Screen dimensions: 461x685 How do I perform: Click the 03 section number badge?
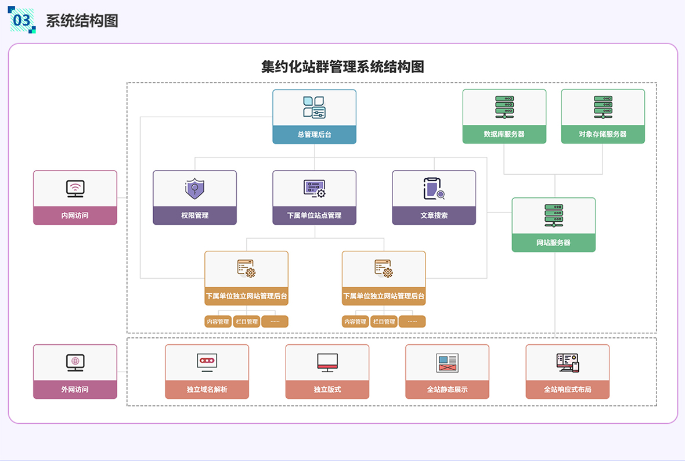pyautogui.click(x=21, y=19)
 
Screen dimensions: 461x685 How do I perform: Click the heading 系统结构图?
pyautogui.click(x=82, y=20)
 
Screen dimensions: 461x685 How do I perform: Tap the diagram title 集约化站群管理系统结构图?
pyautogui.click(x=342, y=66)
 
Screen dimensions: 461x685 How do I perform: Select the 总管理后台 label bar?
pyautogui.click(x=314, y=134)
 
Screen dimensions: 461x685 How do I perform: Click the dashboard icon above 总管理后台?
pyautogui.click(x=314, y=107)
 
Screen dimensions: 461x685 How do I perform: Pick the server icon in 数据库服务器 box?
pyautogui.click(x=504, y=107)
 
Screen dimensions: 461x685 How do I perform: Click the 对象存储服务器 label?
pyautogui.click(x=603, y=134)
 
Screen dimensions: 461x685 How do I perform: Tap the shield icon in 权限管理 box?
pyautogui.click(x=194, y=188)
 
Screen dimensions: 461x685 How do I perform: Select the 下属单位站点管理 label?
pyautogui.click(x=314, y=215)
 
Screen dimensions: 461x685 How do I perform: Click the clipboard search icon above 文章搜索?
pyautogui.click(x=434, y=188)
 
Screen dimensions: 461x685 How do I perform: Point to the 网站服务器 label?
pyautogui.click(x=553, y=243)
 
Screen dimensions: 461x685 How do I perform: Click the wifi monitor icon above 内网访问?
pyautogui.click(x=75, y=188)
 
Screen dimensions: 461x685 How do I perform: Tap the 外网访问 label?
pyautogui.click(x=75, y=390)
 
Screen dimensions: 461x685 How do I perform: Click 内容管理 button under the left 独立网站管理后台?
pyautogui.click(x=218, y=322)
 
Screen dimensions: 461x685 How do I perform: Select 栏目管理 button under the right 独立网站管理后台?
pyautogui.click(x=384, y=322)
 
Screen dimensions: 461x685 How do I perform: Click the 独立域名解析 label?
pyautogui.click(x=207, y=390)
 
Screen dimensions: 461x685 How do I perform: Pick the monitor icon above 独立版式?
pyautogui.click(x=327, y=362)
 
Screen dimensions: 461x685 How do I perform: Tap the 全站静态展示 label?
pyautogui.click(x=447, y=390)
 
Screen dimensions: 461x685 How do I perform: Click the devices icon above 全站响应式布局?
pyautogui.click(x=567, y=362)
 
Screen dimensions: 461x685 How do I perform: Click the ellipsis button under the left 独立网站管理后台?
pyautogui.click(x=275, y=322)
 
